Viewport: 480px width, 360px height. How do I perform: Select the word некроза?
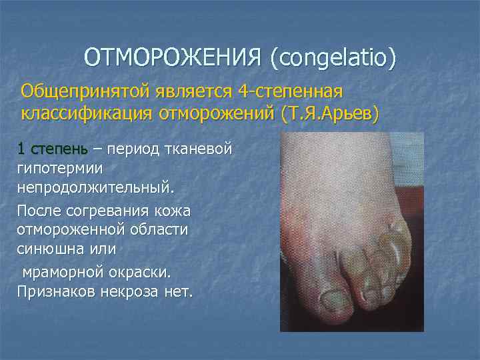[134, 291]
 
